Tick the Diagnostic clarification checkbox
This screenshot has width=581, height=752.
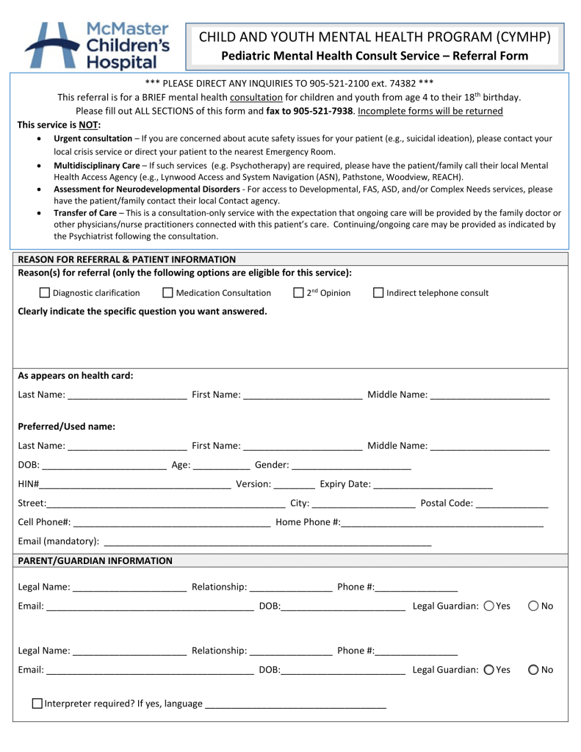(44, 293)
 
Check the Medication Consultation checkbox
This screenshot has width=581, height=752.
(167, 293)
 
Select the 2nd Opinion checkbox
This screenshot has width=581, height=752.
(297, 293)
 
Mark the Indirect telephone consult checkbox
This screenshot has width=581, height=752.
(378, 293)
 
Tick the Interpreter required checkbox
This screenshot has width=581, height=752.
(37, 704)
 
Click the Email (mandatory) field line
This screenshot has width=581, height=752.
(267, 542)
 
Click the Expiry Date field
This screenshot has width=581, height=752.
(433, 484)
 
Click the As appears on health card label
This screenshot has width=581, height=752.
(76, 376)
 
